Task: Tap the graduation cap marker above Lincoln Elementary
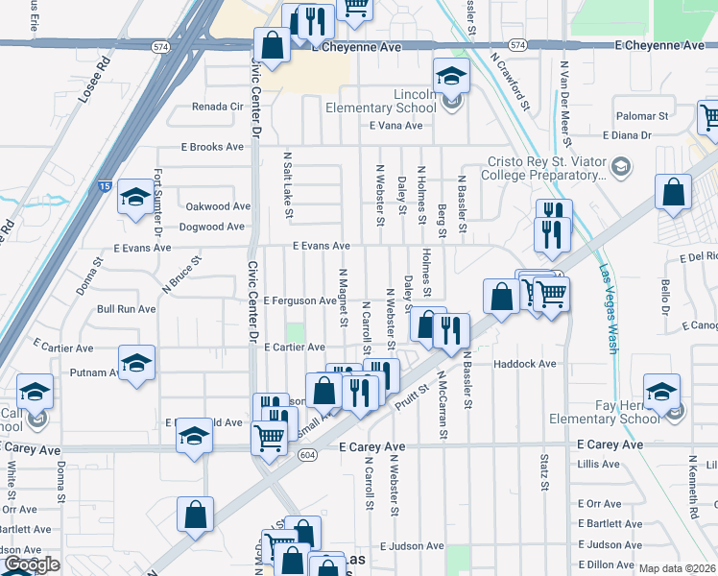[x=451, y=74]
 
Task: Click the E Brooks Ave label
[x=213, y=148]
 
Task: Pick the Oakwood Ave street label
[x=218, y=206]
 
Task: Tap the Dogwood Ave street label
[x=212, y=228]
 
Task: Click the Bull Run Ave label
[x=126, y=309]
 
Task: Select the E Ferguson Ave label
[x=300, y=300]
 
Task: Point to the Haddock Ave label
[x=525, y=365]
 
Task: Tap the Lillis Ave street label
[x=599, y=464]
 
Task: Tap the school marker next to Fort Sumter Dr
[x=134, y=196]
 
